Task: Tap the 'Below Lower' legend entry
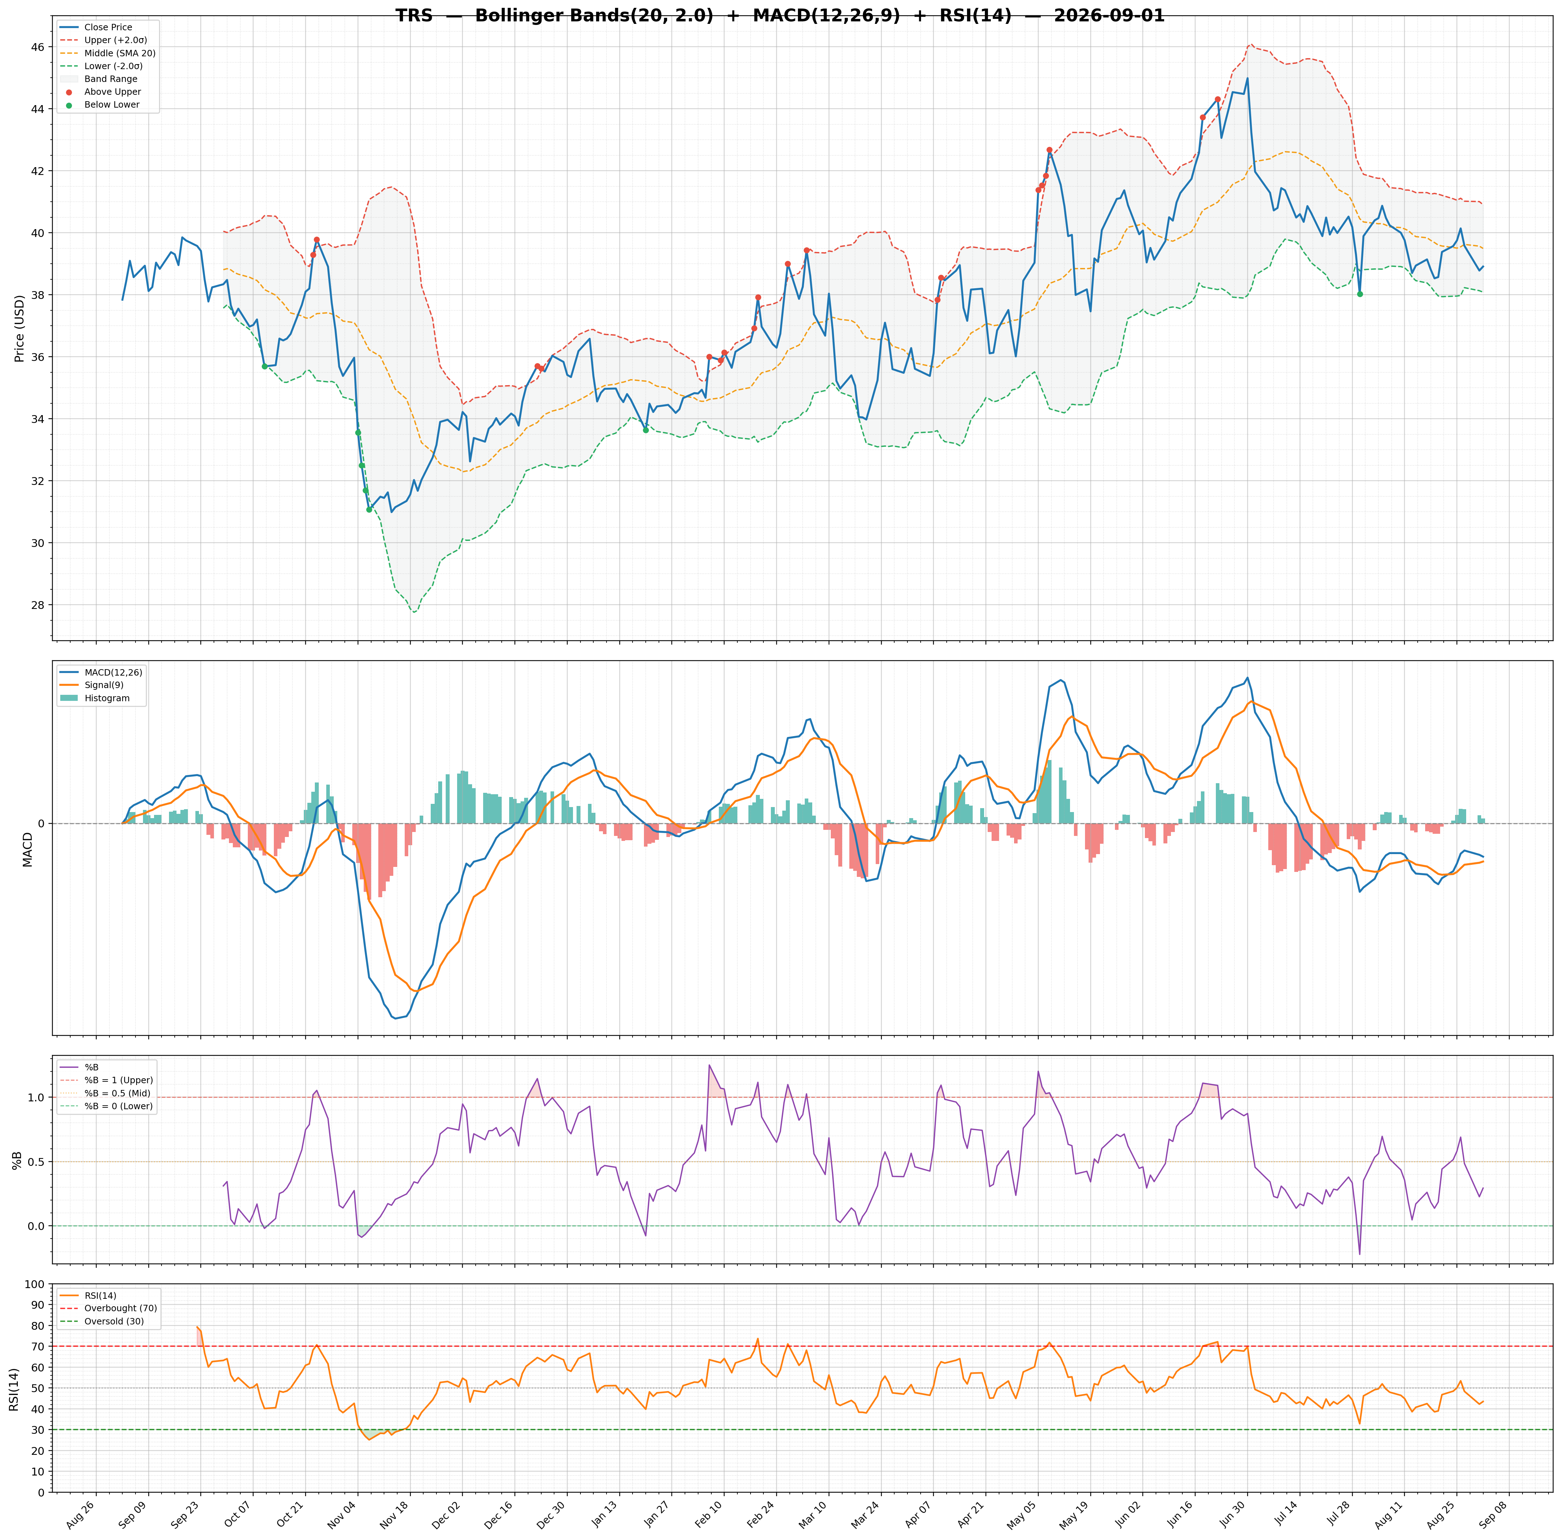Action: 112,105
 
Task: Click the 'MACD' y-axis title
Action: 27,848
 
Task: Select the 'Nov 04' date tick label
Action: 343,1511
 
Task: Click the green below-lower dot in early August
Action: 1360,294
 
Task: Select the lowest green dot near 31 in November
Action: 369,510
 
